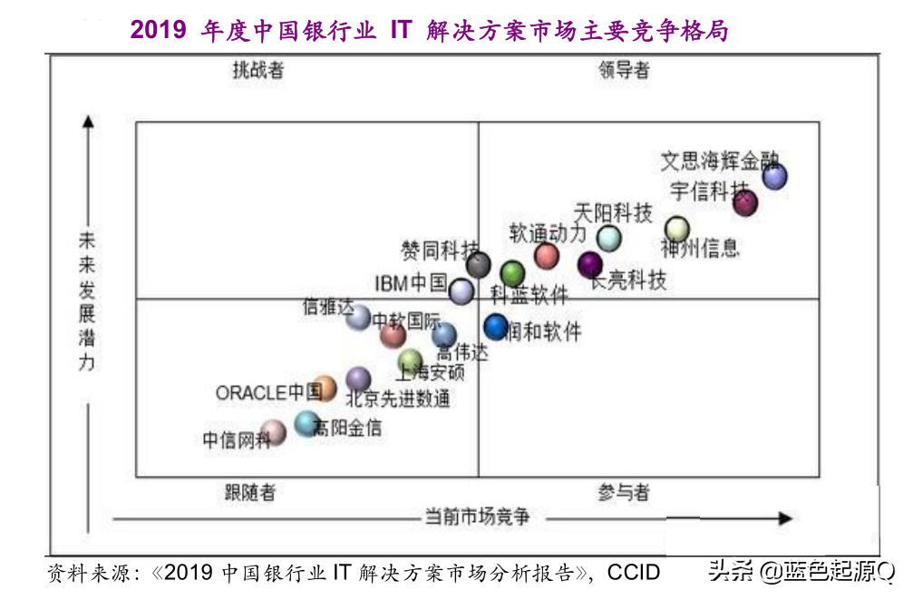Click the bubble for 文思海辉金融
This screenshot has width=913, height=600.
[x=774, y=176]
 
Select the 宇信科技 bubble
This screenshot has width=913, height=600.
[x=744, y=202]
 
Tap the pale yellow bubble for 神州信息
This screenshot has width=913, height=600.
[x=677, y=229]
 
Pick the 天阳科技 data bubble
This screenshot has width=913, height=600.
[x=609, y=238]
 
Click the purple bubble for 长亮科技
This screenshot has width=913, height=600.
[x=590, y=264]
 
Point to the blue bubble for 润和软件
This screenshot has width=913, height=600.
[x=495, y=326]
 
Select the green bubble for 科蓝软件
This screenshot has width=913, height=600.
[x=512, y=272]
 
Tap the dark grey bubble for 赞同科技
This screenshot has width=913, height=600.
[x=479, y=265]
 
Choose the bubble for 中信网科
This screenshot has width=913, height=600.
[x=273, y=432]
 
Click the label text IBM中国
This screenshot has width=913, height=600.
[x=411, y=283]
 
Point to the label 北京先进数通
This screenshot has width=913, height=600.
[x=397, y=398]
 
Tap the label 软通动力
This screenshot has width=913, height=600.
[x=547, y=233]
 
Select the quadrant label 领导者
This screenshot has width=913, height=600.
[x=624, y=71]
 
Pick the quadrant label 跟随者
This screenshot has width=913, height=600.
[x=250, y=493]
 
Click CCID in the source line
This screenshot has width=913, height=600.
[x=634, y=573]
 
